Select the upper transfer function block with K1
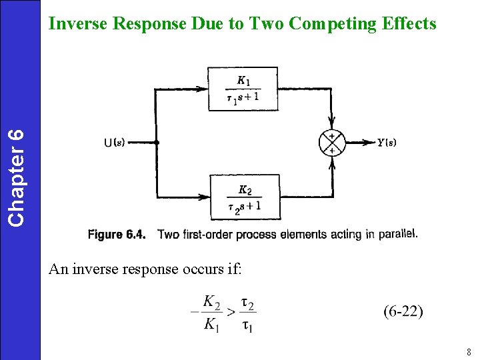(x=243, y=89)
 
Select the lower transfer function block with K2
(x=244, y=197)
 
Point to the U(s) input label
(x=114, y=142)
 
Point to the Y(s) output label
(x=387, y=143)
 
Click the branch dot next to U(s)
(x=156, y=142)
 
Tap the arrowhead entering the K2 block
(x=204, y=197)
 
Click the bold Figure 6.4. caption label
(x=120, y=234)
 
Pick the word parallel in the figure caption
(x=399, y=234)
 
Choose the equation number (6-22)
(x=403, y=311)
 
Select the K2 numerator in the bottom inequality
(x=211, y=302)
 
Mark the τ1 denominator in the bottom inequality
(x=247, y=325)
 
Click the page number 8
(x=469, y=352)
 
